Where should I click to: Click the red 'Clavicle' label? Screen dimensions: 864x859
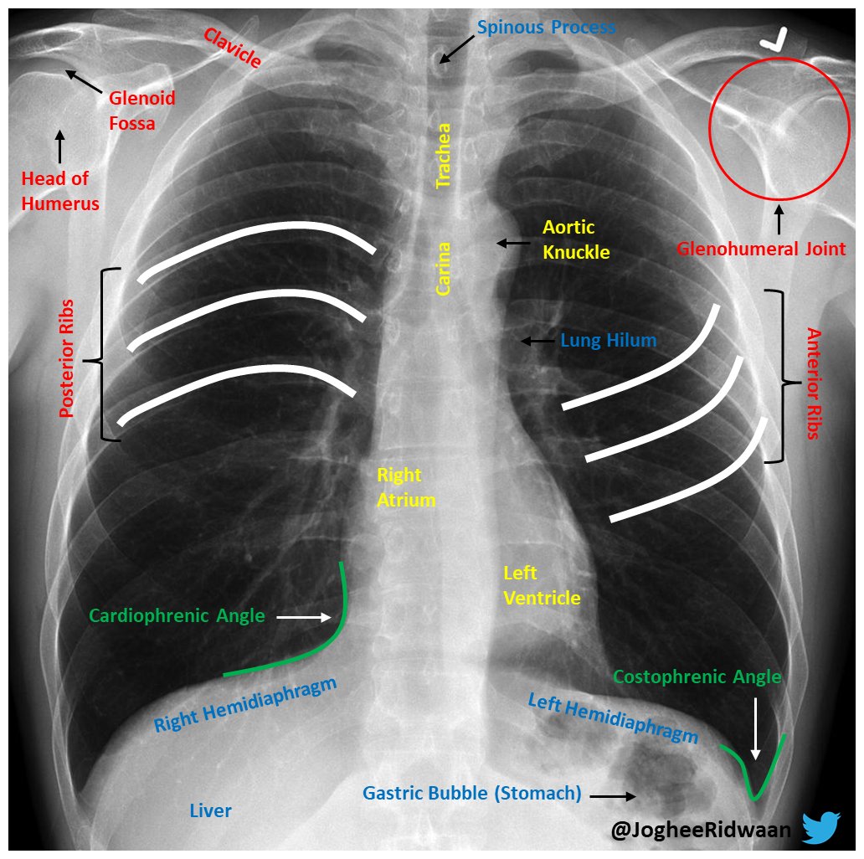232,48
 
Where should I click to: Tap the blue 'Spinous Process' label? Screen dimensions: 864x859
546,28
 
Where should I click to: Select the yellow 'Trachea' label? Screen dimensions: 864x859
444,156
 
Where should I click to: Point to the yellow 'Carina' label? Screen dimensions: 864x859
444,269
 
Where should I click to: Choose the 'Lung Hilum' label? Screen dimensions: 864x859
608,341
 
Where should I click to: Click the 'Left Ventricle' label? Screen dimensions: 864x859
541,585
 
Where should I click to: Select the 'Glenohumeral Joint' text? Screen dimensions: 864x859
761,249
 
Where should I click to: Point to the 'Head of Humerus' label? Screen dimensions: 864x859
60,191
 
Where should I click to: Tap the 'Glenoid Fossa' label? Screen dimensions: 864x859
141,111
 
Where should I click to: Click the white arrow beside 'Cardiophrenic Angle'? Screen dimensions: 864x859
303,617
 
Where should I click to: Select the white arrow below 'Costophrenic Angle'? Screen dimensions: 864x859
756,728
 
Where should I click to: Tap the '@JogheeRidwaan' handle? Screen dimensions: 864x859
702,830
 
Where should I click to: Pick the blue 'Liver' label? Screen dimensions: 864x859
210,810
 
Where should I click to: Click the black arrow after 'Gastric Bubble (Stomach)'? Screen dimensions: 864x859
618,796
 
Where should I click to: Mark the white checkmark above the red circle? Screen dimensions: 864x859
773,42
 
